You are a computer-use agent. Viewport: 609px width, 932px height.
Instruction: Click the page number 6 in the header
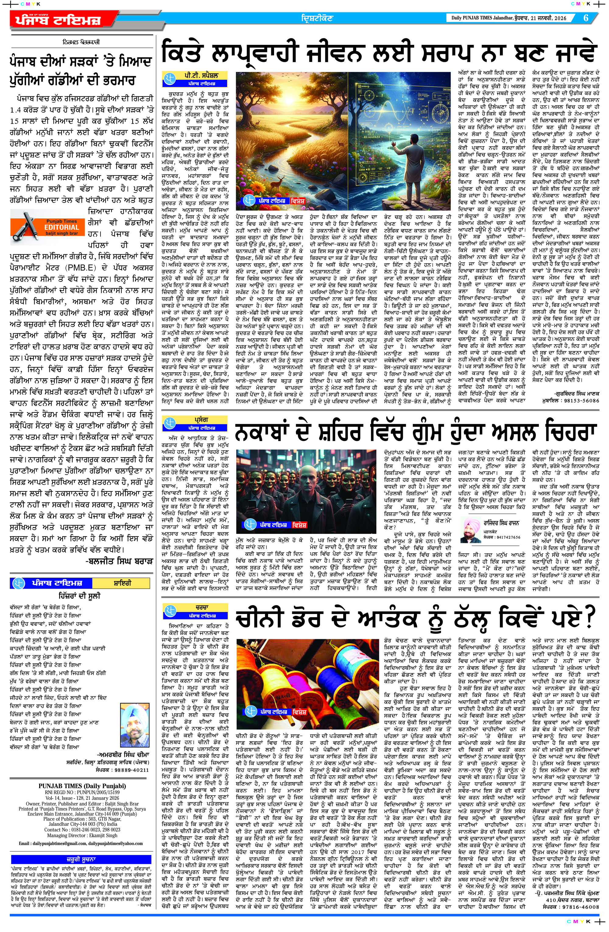point(586,18)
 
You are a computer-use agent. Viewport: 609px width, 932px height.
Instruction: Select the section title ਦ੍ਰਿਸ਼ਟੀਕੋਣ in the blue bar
point(317,18)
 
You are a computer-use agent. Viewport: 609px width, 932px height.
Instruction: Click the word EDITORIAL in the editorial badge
point(62,227)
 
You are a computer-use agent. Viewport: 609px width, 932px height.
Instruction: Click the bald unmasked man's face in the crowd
point(311,478)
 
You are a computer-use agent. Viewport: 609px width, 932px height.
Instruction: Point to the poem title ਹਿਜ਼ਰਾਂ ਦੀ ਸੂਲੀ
point(79,596)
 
